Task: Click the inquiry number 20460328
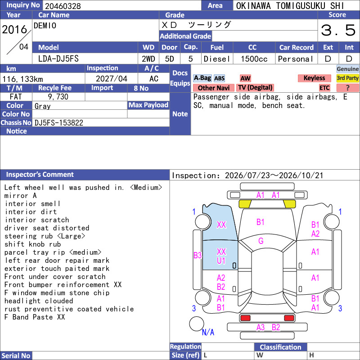point(63,6)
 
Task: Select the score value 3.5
point(338,30)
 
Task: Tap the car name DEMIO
point(45,26)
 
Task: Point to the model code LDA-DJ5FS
point(58,59)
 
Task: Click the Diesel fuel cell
point(217,59)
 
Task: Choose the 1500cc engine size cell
point(254,59)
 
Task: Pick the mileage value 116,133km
point(23,79)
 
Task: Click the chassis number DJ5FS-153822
point(59,123)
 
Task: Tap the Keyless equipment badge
point(314,78)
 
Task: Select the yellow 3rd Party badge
point(347,78)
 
